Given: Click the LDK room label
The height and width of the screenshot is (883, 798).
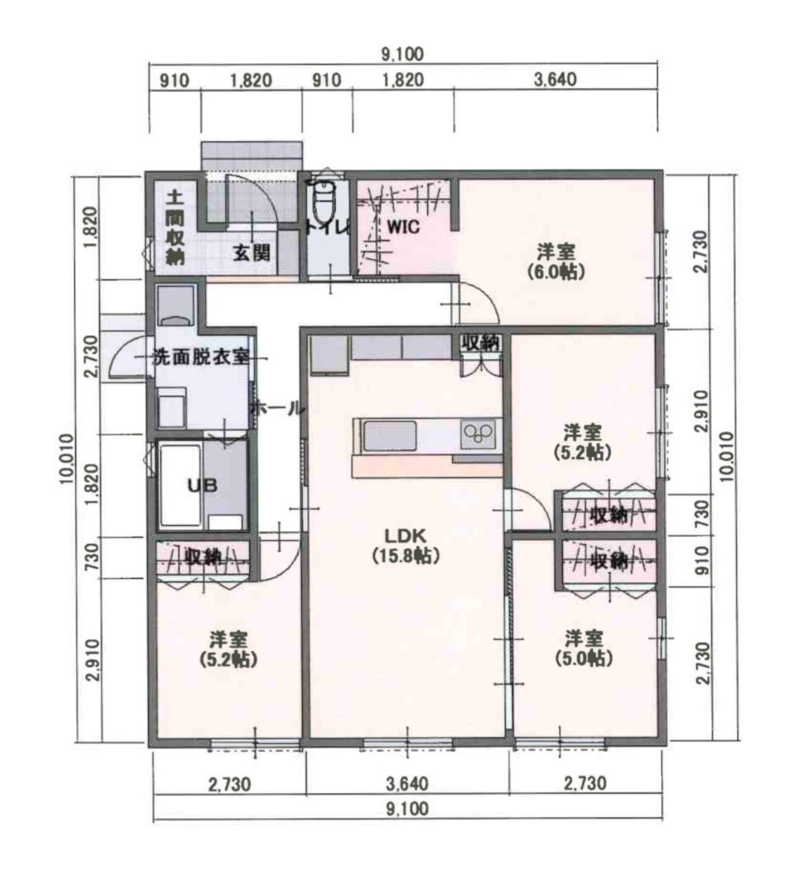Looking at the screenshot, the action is (x=406, y=545).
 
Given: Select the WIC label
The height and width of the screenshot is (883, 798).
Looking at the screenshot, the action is (x=403, y=227).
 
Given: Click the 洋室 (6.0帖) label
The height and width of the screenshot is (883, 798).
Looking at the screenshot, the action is (x=556, y=262).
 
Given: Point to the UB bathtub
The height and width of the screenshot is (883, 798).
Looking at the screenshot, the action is (x=181, y=485).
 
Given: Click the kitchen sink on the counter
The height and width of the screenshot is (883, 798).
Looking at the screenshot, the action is (x=389, y=436).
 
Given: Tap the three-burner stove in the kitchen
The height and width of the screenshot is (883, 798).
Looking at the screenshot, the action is (x=478, y=433).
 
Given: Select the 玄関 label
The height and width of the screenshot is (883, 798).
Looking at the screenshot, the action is (x=252, y=253).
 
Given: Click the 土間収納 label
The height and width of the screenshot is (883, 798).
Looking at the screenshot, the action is (x=175, y=227).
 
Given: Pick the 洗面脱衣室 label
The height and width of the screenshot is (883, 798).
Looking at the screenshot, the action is (x=201, y=357).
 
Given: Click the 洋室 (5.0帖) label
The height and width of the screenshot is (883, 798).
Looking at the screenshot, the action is (x=584, y=649).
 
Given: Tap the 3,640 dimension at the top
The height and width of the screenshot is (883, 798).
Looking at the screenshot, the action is (x=555, y=80).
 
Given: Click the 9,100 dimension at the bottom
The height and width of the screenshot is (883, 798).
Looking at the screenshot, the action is (x=407, y=809).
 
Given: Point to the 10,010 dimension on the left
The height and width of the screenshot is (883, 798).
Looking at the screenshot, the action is (x=67, y=459).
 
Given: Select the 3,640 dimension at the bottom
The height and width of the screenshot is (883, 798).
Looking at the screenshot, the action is (x=407, y=783).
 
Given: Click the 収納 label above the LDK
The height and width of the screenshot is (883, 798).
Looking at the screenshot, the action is (x=481, y=342).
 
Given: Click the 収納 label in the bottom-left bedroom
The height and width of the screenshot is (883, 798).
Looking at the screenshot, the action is (x=204, y=556).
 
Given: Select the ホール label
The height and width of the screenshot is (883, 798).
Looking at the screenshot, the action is (x=277, y=409).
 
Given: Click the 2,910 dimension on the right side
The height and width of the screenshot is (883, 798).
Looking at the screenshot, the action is (x=702, y=410).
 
